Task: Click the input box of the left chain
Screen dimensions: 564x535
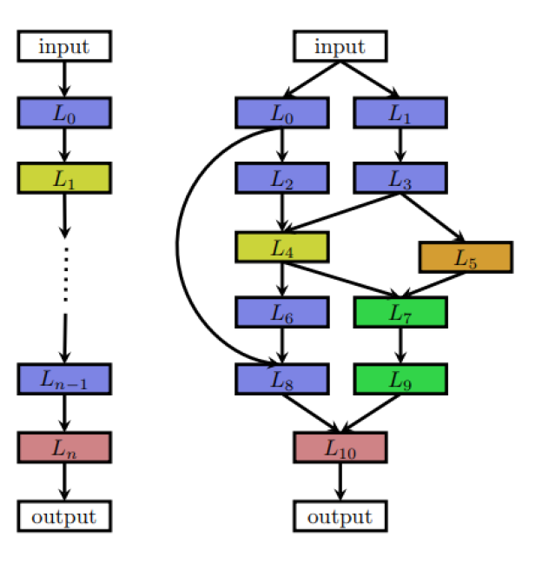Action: pos(64,46)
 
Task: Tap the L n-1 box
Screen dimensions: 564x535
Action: pos(64,379)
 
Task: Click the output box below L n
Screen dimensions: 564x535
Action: pos(64,516)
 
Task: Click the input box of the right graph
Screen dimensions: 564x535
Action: pos(340,46)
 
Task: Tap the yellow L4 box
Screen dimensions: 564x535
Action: pos(281,247)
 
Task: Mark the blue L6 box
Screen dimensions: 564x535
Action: pos(281,312)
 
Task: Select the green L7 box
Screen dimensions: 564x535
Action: pos(400,312)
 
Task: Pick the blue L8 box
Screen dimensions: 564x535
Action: pos(281,379)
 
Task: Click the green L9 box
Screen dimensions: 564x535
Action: pos(400,379)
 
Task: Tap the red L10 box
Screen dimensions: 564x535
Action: pos(340,447)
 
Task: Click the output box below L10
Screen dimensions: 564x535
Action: pos(340,516)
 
